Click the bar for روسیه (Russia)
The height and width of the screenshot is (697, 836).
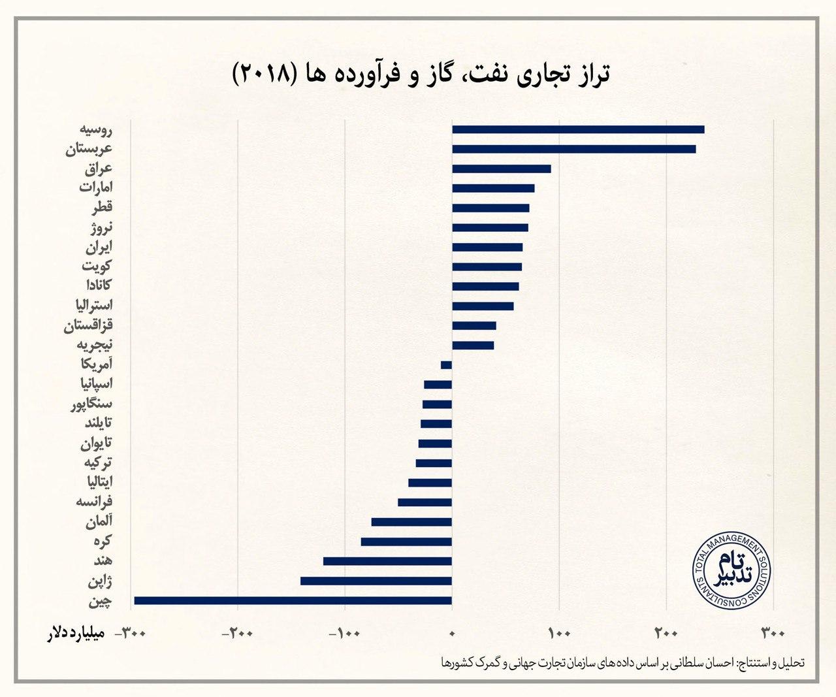click(578, 129)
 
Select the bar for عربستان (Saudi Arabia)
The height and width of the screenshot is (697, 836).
click(573, 149)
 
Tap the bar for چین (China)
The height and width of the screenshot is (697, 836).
click(293, 600)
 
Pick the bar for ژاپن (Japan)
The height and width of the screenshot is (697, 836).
click(376, 581)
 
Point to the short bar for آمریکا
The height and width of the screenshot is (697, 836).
click(446, 365)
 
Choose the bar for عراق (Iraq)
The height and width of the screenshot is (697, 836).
click(501, 169)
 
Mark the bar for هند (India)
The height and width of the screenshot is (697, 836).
click(387, 561)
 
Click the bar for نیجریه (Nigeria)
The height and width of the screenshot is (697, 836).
click(473, 346)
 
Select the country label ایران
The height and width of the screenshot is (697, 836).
click(99, 247)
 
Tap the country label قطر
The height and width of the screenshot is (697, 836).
click(102, 208)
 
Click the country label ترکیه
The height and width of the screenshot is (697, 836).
click(98, 462)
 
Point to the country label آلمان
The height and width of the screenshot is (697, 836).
click(99, 521)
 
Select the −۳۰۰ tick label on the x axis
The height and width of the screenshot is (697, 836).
click(130, 633)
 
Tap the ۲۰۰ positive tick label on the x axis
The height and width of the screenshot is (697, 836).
click(666, 633)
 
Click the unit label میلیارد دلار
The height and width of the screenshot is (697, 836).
click(73, 634)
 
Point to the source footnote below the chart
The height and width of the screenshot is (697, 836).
click(624, 662)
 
